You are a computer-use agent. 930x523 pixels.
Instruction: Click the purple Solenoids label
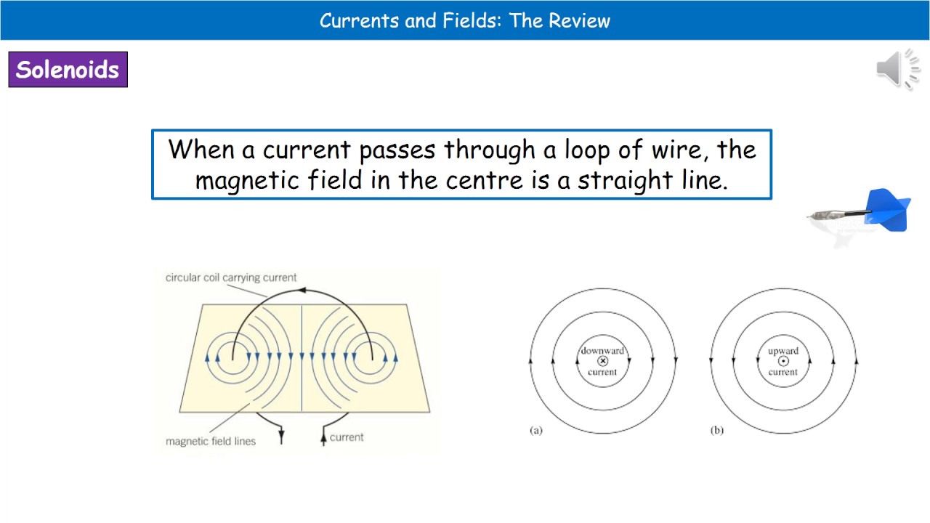point(68,70)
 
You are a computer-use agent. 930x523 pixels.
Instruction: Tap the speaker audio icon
point(899,70)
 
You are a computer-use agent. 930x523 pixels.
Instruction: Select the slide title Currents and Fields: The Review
point(465,20)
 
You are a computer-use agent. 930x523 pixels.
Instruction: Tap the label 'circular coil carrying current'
point(231,277)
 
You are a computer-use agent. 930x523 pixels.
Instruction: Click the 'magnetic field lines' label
point(211,441)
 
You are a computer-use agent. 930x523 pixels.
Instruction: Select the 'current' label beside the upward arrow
point(347,437)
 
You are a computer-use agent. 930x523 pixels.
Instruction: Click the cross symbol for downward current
point(602,361)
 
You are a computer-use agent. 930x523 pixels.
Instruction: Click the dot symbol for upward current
point(783,361)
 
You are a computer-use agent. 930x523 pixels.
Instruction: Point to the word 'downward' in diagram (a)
point(602,351)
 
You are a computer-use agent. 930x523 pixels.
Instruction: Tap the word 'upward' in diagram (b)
point(783,351)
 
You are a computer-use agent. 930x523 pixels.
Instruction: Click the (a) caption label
point(536,430)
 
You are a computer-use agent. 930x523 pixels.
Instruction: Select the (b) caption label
point(717,430)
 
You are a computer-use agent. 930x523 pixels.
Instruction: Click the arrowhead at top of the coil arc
point(302,290)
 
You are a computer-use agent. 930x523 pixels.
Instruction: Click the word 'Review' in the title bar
point(579,20)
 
